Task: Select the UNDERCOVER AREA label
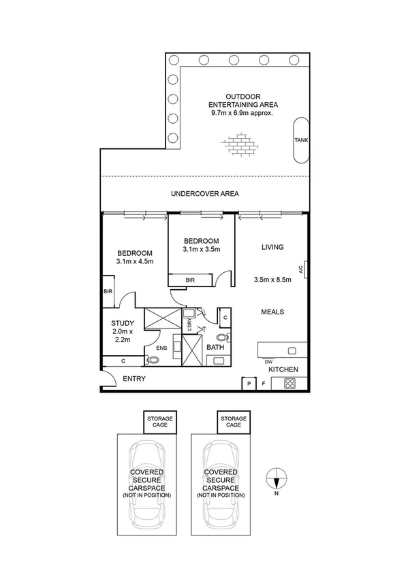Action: click(x=204, y=194)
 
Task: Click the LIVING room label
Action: click(x=272, y=247)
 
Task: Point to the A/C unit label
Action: click(x=300, y=269)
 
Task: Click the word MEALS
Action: click(x=272, y=312)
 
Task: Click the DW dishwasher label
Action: click(x=269, y=361)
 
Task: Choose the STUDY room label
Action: click(x=123, y=323)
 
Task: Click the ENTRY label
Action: click(x=134, y=378)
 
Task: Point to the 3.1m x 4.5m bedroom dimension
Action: click(x=134, y=261)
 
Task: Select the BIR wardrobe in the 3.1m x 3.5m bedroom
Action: click(x=190, y=280)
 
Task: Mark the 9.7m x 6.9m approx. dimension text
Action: click(x=242, y=113)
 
